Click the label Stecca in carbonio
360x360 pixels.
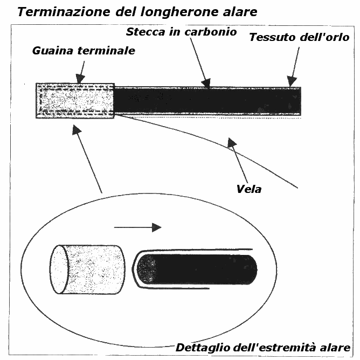(x=181, y=32)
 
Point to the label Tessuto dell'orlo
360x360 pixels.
(x=299, y=37)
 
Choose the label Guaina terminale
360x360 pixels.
(x=84, y=51)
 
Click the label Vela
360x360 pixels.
(x=248, y=189)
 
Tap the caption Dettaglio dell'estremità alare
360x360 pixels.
(x=263, y=347)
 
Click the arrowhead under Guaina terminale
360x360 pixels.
(x=80, y=79)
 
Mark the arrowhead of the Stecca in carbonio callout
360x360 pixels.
(x=205, y=82)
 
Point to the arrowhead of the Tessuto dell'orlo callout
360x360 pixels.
(x=291, y=81)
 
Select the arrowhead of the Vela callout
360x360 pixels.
(x=232, y=143)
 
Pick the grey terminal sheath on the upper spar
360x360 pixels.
(x=75, y=100)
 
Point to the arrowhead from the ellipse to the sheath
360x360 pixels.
(x=77, y=130)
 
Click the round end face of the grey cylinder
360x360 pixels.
(x=60, y=270)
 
